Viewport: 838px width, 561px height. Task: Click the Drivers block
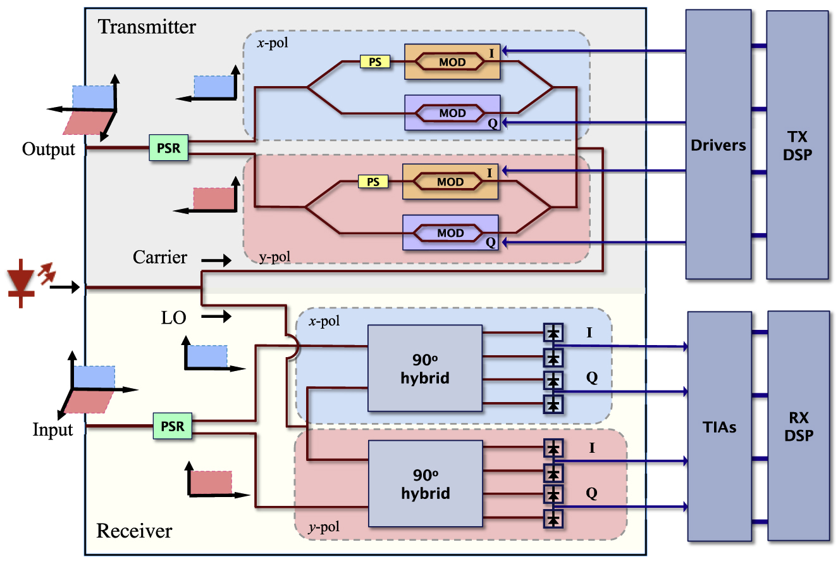718,144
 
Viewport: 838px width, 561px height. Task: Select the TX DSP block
797,144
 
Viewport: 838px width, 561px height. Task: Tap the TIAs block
719,427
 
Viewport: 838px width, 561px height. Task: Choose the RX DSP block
797,427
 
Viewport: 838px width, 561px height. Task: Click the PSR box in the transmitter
169,148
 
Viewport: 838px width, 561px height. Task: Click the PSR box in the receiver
172,426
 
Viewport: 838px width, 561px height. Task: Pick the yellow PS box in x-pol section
375,61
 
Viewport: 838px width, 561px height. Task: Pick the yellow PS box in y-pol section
373,182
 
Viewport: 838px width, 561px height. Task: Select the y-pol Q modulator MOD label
450,233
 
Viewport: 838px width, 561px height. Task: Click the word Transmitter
147,27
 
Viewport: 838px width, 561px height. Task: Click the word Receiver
134,530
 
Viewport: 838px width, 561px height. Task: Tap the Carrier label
160,257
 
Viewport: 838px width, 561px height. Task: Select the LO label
173,317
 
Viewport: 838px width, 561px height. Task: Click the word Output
48,149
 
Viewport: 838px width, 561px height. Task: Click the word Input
52,430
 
